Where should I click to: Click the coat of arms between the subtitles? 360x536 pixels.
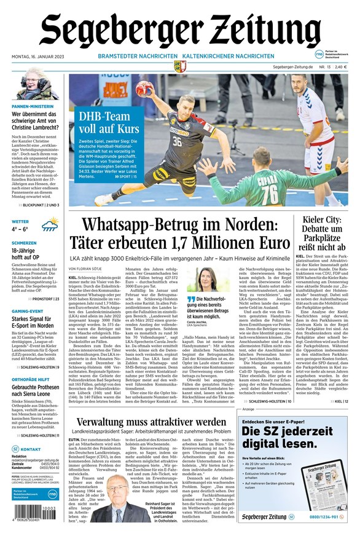tap(180, 65)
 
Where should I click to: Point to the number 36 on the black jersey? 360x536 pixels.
tap(178, 142)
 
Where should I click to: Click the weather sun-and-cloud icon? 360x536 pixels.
tap(50, 224)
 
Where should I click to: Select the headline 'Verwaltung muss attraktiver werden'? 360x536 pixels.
tap(151, 423)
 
